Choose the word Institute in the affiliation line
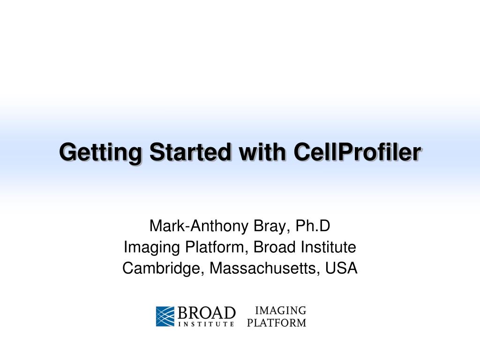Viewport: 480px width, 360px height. click(328, 247)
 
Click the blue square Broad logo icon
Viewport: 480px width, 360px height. click(165, 316)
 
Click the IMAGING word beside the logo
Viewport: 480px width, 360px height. click(280, 310)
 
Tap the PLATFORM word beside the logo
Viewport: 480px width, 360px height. click(277, 322)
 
